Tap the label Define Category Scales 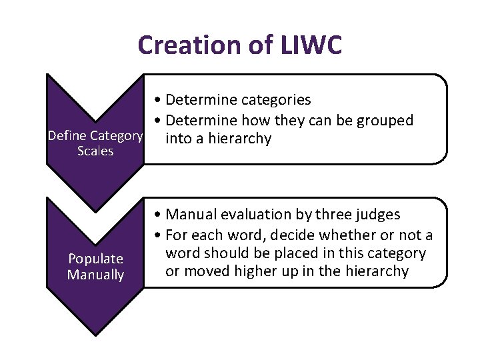coord(95,143)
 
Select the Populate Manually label coord(95,266)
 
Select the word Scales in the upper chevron coord(95,151)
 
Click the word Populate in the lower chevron coord(95,259)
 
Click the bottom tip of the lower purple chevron coord(95,334)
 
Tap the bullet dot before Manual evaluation coord(155,215)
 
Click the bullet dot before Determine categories coord(155,101)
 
